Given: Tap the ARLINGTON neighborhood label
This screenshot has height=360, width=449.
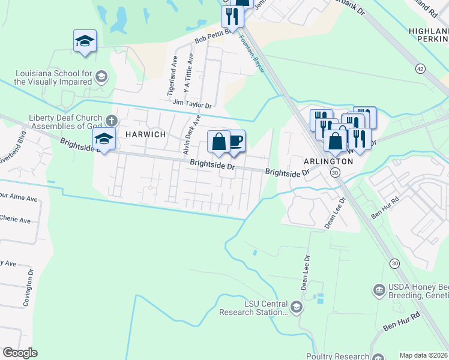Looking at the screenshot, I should [x=329, y=161].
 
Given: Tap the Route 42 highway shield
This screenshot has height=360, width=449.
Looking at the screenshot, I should [x=420, y=68].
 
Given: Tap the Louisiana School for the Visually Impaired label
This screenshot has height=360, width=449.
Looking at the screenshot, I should [x=53, y=77].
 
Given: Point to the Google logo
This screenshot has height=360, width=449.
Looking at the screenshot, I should [x=20, y=353].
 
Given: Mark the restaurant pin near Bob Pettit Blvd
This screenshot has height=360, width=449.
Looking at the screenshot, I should [x=232, y=17].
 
